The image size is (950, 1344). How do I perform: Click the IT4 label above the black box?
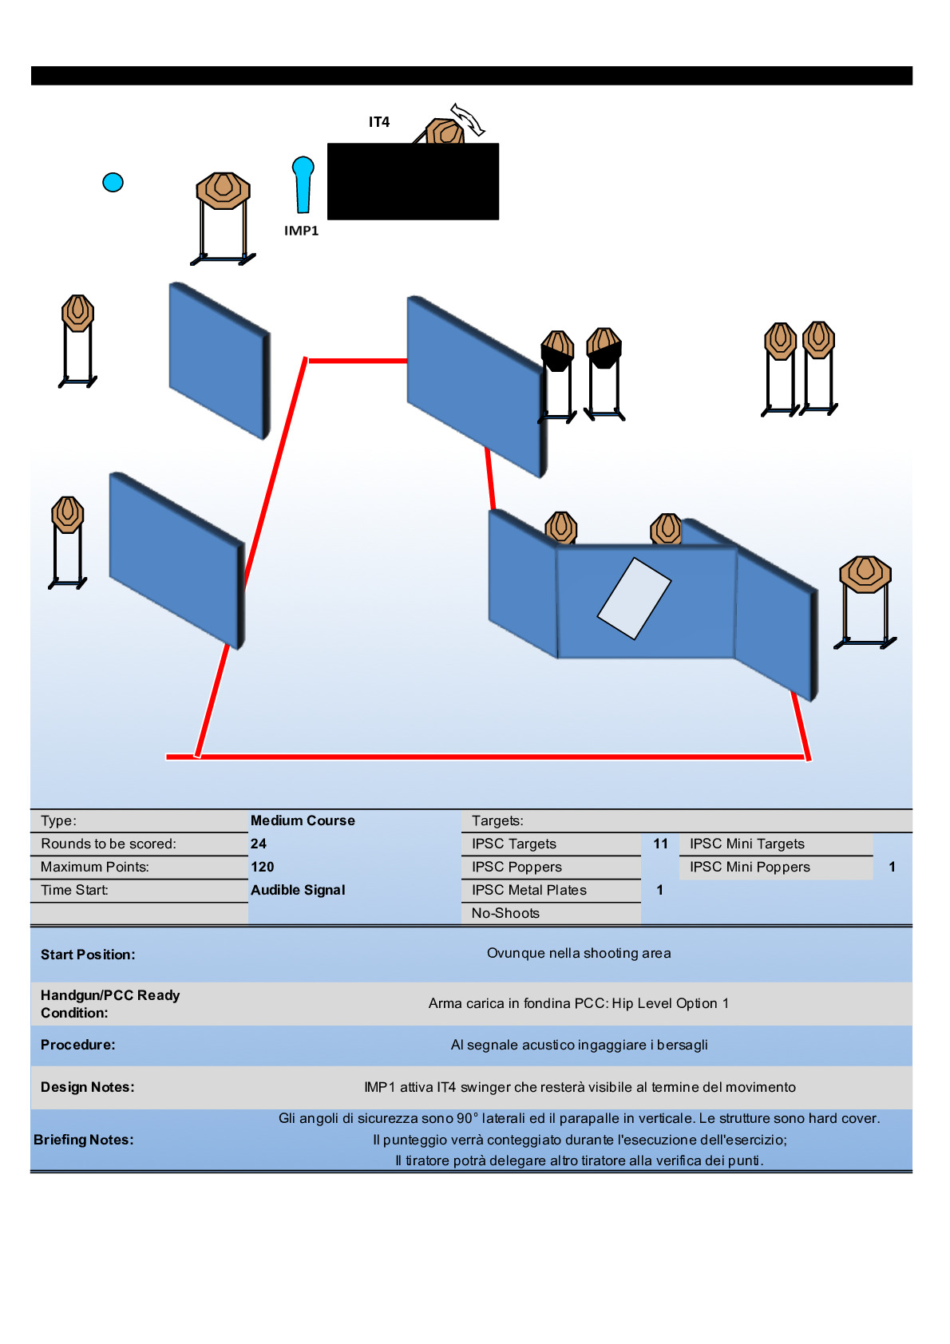click(378, 122)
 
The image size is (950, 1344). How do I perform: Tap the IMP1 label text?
click(301, 231)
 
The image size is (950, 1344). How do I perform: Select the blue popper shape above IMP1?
click(303, 184)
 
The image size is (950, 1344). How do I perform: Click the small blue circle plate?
click(113, 183)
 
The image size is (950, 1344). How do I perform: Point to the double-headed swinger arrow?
click(468, 119)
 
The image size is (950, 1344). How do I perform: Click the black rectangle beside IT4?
click(413, 181)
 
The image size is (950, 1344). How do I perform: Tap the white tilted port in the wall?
click(634, 598)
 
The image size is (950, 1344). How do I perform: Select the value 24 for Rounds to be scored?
click(259, 844)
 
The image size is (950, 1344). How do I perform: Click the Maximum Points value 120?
click(262, 867)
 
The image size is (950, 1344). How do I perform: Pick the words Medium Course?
click(303, 820)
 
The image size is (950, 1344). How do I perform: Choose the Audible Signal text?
click(298, 890)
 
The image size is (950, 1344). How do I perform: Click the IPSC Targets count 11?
click(660, 844)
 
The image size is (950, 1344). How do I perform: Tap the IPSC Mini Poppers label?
click(750, 867)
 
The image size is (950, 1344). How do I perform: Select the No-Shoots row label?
click(505, 913)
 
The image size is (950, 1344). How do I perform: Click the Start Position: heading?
click(88, 955)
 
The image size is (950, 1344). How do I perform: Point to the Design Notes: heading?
click(88, 1087)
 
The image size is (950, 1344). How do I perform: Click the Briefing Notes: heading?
click(84, 1140)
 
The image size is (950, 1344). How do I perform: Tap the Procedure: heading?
click(78, 1045)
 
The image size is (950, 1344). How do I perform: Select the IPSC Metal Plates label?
click(528, 890)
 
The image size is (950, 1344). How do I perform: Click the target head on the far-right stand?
click(865, 574)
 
